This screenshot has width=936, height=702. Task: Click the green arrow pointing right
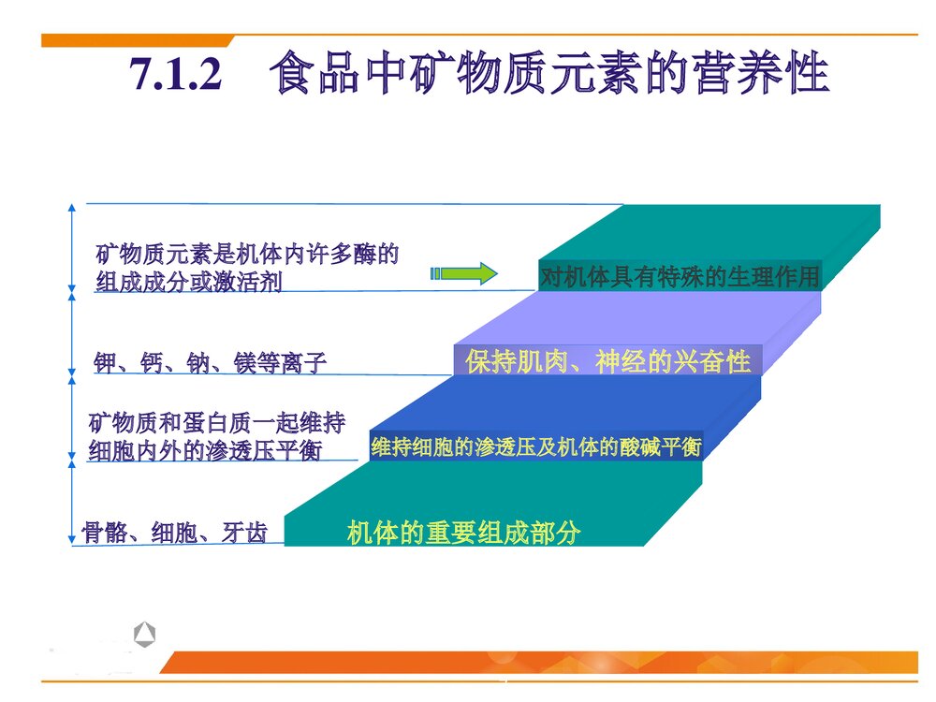point(464,273)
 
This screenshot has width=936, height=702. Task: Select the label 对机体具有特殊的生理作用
point(680,277)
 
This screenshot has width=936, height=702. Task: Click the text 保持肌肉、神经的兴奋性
point(607,361)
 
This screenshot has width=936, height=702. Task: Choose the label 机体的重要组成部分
point(463,534)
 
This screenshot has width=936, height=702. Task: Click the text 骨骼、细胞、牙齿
point(174,534)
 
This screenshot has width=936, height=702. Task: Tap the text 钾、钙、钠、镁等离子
point(211,363)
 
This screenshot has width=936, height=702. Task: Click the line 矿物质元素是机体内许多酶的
point(247,254)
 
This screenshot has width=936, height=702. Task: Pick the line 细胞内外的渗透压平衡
point(203,451)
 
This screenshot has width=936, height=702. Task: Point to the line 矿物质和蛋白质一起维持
point(216,423)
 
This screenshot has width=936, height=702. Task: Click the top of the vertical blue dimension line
point(72,207)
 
